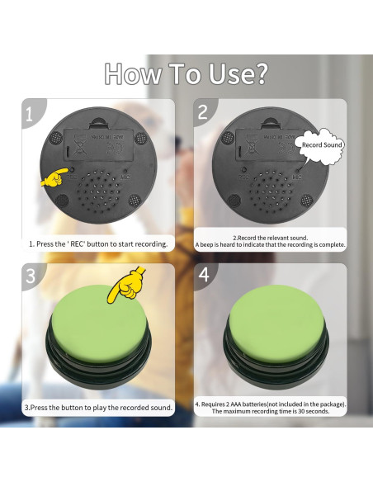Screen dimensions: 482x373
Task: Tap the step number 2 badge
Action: click(x=202, y=114)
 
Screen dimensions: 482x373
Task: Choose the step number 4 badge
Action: click(x=202, y=276)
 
